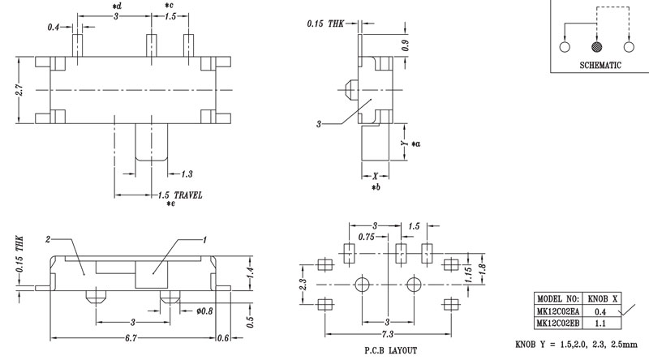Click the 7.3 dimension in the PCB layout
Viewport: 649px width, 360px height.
[386, 334]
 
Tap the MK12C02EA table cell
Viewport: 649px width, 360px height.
[558, 309]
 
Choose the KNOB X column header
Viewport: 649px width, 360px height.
[603, 298]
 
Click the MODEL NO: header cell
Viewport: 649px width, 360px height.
[558, 298]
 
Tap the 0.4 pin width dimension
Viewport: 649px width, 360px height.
[54, 28]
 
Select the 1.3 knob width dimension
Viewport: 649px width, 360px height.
[187, 174]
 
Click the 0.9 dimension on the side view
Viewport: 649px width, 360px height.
[406, 47]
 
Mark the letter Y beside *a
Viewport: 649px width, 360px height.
[403, 144]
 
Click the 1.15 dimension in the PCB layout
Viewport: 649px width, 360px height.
[468, 278]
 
